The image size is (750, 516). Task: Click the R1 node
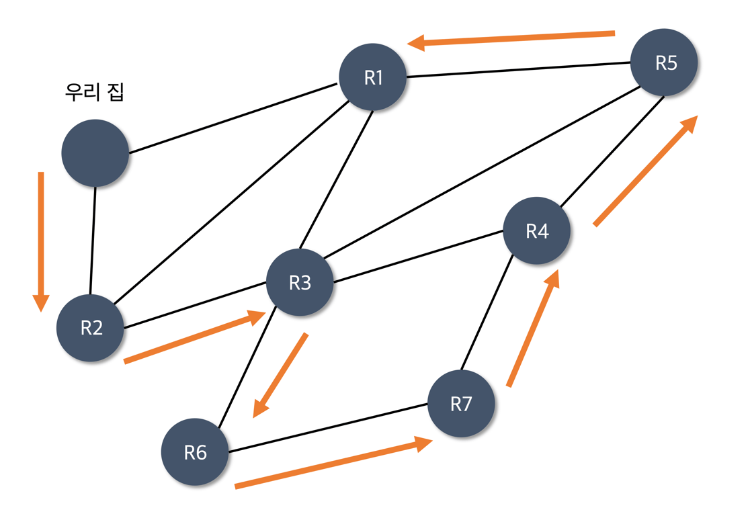point(373,78)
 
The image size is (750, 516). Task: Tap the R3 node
point(300,283)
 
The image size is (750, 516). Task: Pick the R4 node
point(537,231)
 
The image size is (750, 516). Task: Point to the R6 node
point(195,452)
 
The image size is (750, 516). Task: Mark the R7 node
point(461,404)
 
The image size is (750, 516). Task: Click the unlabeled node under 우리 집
point(95,153)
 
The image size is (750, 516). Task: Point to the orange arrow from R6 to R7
point(333,463)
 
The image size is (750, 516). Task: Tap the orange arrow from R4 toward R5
point(645,171)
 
